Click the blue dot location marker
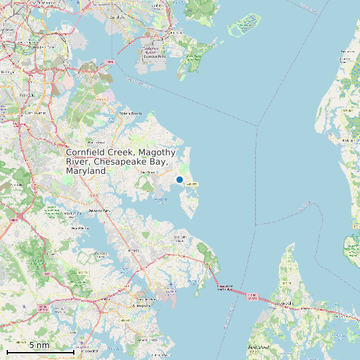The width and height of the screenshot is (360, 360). point(179,179)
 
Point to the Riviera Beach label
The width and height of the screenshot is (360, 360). point(131,113)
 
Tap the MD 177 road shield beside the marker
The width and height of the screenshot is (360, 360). point(193,183)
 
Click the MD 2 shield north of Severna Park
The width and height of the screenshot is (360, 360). point(94,195)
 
